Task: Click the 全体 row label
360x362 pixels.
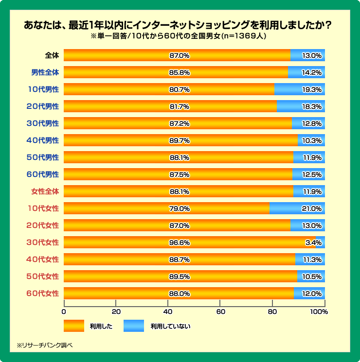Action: point(51,55)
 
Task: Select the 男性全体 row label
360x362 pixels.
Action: point(45,72)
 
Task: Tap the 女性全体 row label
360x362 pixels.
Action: point(45,191)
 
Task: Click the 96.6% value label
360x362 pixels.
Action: point(179,242)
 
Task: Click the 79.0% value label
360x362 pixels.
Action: point(179,208)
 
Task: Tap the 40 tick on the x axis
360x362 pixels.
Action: point(168,311)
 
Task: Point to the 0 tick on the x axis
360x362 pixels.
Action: point(64,311)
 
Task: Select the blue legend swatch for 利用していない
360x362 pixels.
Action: point(134,326)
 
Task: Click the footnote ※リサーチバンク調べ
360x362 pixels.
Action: point(44,345)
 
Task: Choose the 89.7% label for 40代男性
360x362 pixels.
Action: point(179,140)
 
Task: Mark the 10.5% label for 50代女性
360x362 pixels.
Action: point(312,276)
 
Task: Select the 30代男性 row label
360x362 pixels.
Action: point(43,123)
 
